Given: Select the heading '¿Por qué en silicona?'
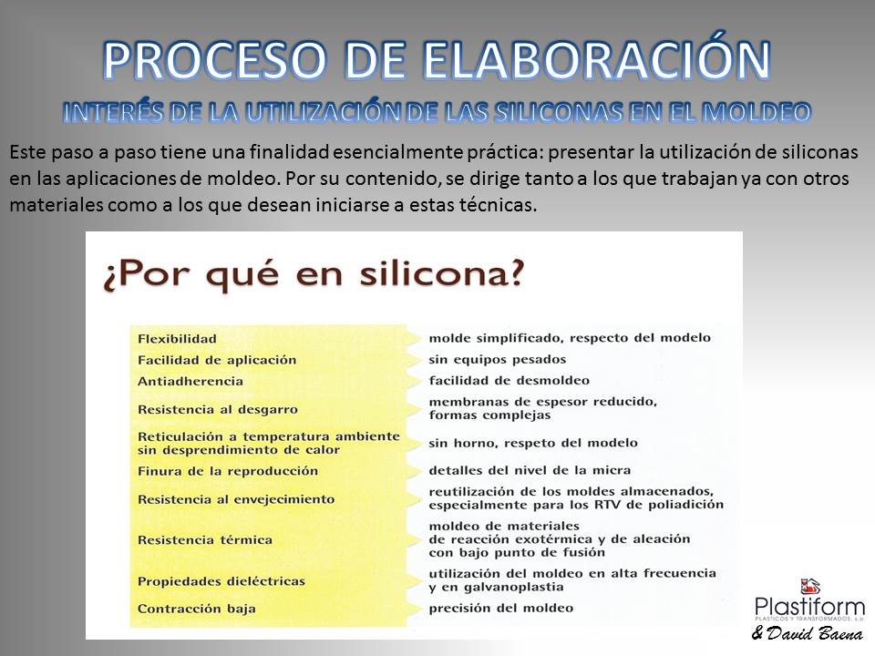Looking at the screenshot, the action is click(314, 275).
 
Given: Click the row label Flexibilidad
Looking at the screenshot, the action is click(177, 339).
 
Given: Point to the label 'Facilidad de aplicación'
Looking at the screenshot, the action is click(217, 360).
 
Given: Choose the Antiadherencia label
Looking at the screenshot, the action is click(190, 381).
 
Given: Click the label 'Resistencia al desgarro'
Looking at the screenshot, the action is click(218, 409).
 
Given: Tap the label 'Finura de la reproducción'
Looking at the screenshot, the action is click(228, 471).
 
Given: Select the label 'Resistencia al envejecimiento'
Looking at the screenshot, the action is click(236, 499).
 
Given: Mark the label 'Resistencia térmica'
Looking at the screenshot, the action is click(205, 540).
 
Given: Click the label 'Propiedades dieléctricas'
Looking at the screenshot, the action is click(221, 581).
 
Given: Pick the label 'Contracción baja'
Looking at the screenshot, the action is click(197, 609).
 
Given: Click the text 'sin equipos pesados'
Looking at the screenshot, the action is click(498, 360).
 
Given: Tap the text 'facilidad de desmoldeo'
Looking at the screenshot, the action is click(509, 381).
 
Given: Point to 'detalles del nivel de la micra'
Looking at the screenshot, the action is click(530, 470).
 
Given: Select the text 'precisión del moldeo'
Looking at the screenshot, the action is click(500, 608).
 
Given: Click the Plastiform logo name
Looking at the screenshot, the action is click(809, 607).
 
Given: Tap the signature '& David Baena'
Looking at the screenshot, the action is click(808, 633).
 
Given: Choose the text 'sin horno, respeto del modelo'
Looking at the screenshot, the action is click(533, 443).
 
